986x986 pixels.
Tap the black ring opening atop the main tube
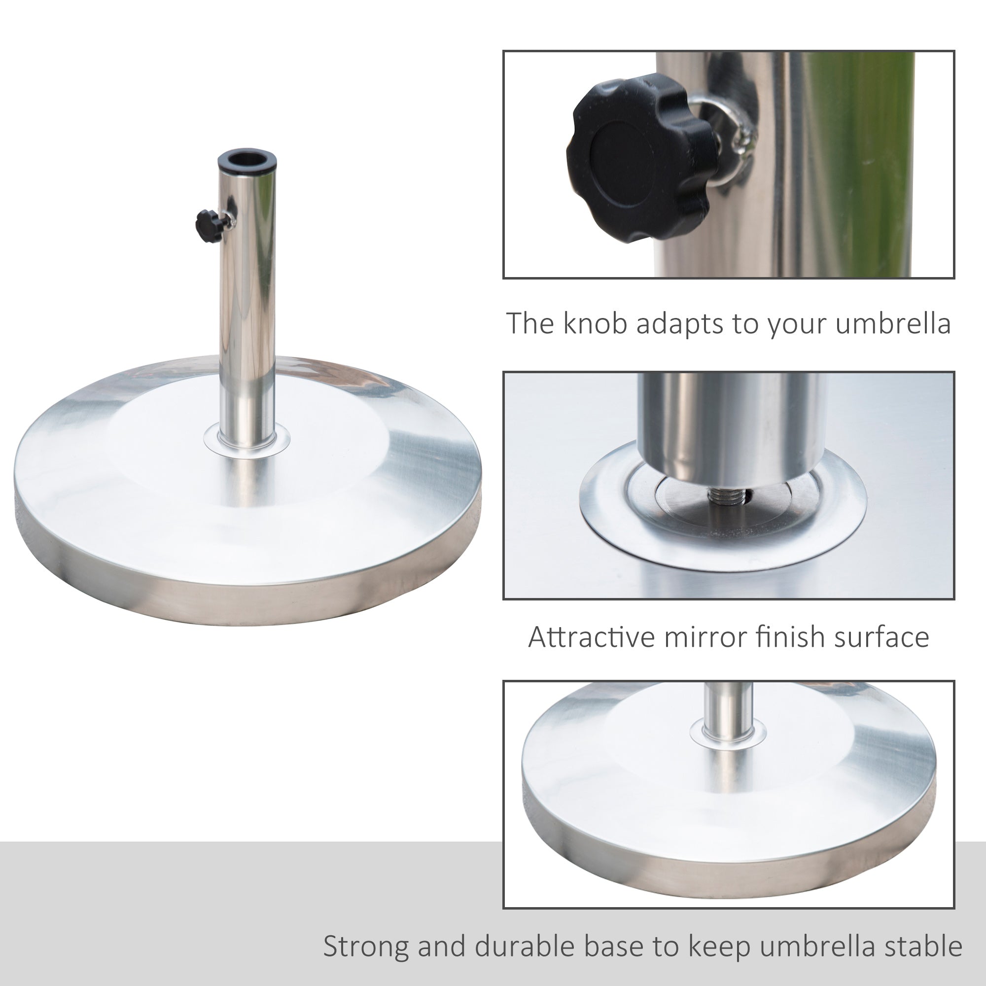(x=247, y=160)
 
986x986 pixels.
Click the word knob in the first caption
(x=595, y=323)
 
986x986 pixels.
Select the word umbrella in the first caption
(x=893, y=323)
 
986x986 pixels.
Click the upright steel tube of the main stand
(x=247, y=306)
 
